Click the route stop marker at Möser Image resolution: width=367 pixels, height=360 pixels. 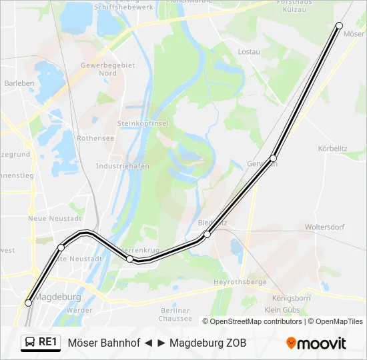click(339, 25)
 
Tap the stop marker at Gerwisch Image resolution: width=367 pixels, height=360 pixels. click(274, 158)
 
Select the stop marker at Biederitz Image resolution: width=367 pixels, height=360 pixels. click(208, 235)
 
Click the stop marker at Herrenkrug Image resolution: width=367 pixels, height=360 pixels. click(130, 259)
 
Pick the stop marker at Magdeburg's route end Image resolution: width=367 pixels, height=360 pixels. click(28, 303)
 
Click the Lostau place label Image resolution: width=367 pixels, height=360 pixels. click(249, 51)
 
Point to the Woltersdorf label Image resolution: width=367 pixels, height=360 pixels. click(324, 227)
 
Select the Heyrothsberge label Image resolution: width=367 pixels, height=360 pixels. click(240, 283)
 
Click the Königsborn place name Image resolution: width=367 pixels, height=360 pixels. click(292, 298)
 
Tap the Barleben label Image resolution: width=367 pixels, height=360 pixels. click(19, 83)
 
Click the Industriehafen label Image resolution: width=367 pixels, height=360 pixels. click(122, 166)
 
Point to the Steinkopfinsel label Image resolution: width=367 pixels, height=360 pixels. click(143, 123)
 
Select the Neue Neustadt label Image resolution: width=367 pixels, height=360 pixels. click(55, 218)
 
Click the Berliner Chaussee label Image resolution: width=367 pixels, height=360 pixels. click(175, 314)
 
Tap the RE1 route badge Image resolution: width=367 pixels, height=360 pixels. click(41, 342)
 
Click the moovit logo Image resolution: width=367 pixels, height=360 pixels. click(316, 343)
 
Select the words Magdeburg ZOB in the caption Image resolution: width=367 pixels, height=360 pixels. click(208, 343)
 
